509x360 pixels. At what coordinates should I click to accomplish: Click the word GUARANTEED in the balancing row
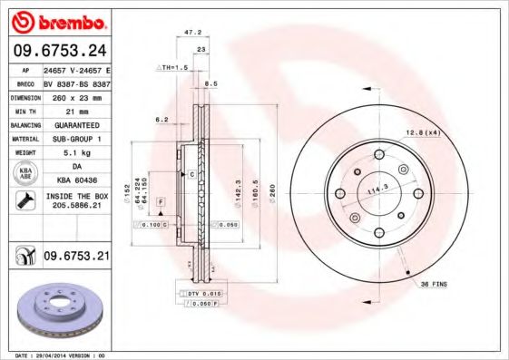click(x=76, y=124)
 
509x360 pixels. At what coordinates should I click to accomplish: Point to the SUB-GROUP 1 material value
click(x=76, y=139)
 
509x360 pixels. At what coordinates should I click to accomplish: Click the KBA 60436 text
click(x=76, y=180)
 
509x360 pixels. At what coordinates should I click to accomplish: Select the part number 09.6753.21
click(x=76, y=258)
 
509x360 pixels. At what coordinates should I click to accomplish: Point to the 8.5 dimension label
click(x=211, y=83)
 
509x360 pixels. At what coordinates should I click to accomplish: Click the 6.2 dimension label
click(x=162, y=119)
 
